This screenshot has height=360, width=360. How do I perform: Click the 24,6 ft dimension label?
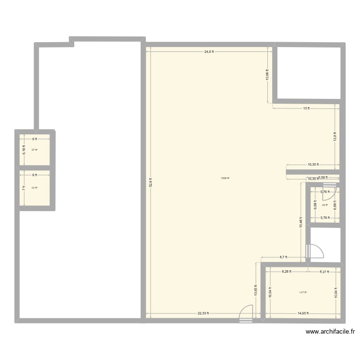[209, 51]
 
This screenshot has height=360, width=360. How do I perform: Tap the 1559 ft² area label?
[225, 179]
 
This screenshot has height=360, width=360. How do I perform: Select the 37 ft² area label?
[35, 150]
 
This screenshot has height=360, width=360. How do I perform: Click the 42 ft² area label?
[35, 188]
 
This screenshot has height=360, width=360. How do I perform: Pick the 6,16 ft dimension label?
[24, 149]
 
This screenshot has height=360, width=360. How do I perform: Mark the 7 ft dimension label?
[24, 188]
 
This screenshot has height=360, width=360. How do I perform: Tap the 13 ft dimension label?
[306, 108]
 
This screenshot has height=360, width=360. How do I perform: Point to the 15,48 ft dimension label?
[301, 221]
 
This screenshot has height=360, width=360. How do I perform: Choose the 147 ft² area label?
[303, 292]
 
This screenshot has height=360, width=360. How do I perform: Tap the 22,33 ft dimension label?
[203, 313]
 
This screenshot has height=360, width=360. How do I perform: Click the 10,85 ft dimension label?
[255, 289]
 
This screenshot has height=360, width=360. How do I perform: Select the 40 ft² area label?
[325, 205]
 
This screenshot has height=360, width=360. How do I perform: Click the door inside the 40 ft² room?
[334, 193]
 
